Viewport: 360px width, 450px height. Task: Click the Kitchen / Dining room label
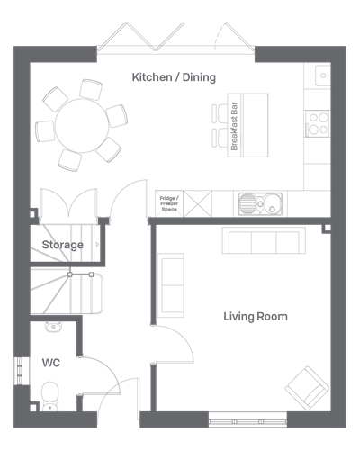tap(174, 77)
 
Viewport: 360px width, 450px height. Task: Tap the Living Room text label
tap(256, 317)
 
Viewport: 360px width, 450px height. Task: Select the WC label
tap(51, 363)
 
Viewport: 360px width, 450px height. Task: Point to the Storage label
tap(63, 245)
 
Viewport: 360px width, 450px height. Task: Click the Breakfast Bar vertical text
tap(234, 126)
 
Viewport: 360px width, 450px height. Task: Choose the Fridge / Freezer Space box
tap(169, 203)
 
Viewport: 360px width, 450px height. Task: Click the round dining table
tap(82, 126)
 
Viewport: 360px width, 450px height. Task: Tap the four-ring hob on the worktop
tap(318, 123)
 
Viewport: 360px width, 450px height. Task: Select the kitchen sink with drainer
tap(260, 204)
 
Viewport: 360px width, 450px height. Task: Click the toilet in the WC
tap(50, 396)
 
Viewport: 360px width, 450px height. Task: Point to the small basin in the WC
tap(54, 327)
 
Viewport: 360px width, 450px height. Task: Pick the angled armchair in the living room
tap(307, 388)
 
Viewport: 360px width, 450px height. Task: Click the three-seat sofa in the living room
tap(264, 240)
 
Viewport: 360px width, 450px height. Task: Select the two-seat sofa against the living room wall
tap(171, 285)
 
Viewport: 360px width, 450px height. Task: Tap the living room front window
tap(247, 421)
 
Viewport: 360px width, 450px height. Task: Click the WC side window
tap(19, 371)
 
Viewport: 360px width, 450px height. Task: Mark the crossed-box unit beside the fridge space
tap(198, 203)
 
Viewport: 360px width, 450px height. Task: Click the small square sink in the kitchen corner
tap(323, 76)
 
